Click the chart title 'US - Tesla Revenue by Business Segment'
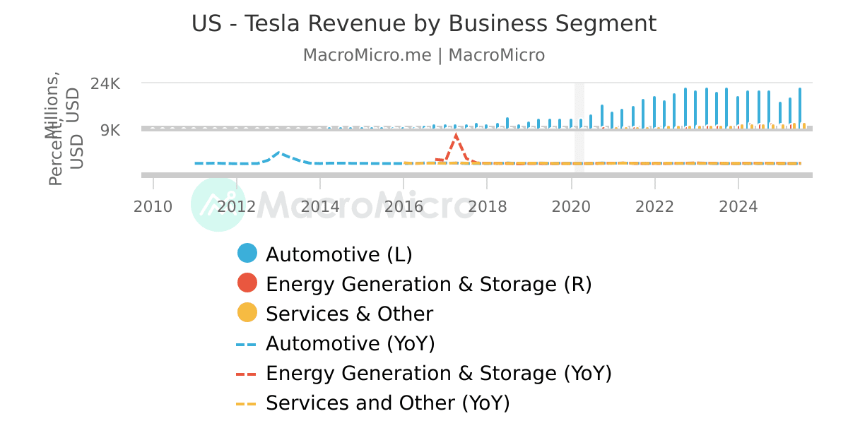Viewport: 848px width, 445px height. pos(424,23)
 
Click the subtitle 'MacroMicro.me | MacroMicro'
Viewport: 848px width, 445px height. pos(424,55)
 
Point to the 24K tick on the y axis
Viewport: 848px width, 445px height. pos(106,83)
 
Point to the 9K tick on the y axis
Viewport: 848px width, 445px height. pos(111,130)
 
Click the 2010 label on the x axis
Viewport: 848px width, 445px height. pos(153,206)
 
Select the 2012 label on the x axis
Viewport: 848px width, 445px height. pos(237,206)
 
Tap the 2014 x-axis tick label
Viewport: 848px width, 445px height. pos(320,206)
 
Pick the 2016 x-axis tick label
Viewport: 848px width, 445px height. pos(404,206)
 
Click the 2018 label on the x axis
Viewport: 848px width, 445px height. pos(488,206)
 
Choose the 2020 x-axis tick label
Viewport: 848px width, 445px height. pos(571,206)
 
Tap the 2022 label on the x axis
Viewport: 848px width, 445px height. pos(654,206)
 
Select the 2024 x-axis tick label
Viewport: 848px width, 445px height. pos(738,206)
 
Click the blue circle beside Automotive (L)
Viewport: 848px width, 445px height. pos(247,254)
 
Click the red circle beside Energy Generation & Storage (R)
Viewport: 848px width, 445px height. pos(247,283)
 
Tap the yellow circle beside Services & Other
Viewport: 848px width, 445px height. pos(247,313)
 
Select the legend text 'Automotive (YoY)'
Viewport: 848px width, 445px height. pos(350,343)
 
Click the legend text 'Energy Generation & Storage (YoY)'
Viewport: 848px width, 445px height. pos(438,373)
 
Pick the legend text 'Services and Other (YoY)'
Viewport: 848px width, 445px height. pos(387,403)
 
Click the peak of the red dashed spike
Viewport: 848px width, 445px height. pos(457,134)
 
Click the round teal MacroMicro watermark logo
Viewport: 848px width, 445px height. pos(218,204)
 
